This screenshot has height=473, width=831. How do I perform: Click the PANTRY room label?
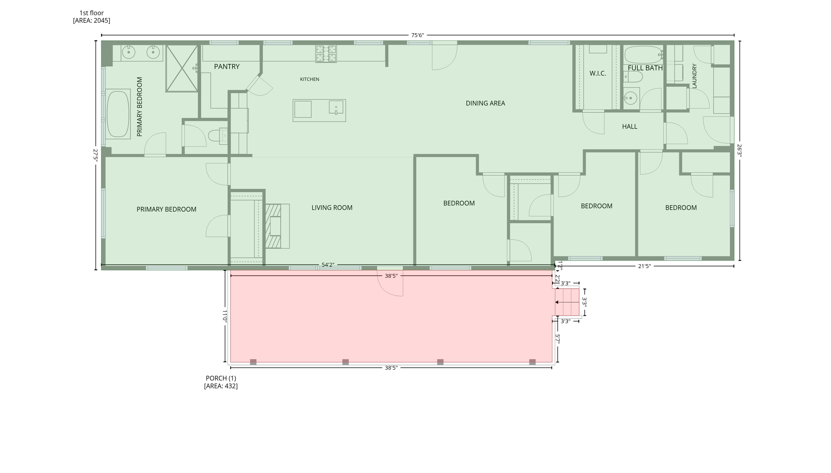[x=227, y=66]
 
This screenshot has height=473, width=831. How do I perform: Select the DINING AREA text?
[x=485, y=103]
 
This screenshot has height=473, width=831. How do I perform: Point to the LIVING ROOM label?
[x=332, y=208]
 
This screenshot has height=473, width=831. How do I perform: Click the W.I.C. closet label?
[x=598, y=73]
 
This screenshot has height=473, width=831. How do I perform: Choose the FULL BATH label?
[x=645, y=68]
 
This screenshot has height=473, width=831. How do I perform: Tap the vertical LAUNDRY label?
[x=694, y=76]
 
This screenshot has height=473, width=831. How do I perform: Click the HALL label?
[x=630, y=127]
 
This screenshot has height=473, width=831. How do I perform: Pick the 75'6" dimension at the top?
[x=417, y=35]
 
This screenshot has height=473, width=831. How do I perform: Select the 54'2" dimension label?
[x=328, y=265]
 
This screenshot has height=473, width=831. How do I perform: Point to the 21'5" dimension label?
[x=644, y=266]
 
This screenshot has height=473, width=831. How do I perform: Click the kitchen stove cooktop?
[x=326, y=54]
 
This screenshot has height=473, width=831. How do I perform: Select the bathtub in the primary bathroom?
[x=118, y=114]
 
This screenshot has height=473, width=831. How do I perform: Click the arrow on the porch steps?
[x=567, y=302]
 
